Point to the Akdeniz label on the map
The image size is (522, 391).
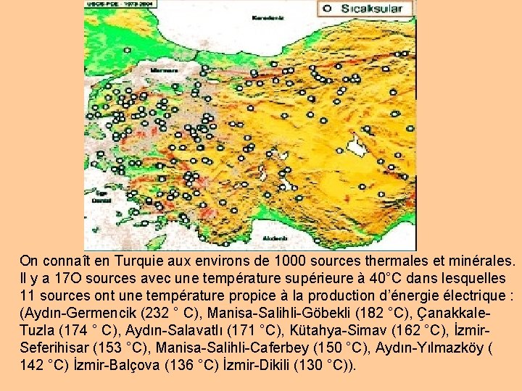click(x=275, y=237)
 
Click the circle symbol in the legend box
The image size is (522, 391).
click(x=326, y=9)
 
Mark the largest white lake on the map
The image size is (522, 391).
click(x=357, y=146)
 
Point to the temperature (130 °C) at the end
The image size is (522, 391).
click(x=324, y=365)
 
